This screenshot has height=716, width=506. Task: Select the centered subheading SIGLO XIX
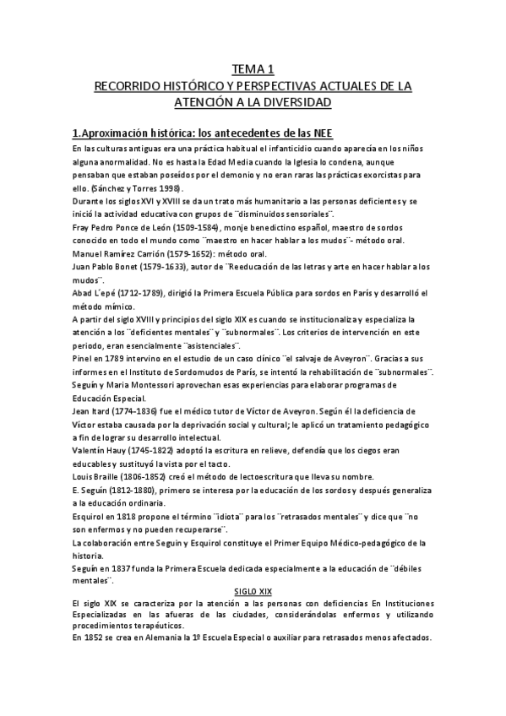tap(253, 592)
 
